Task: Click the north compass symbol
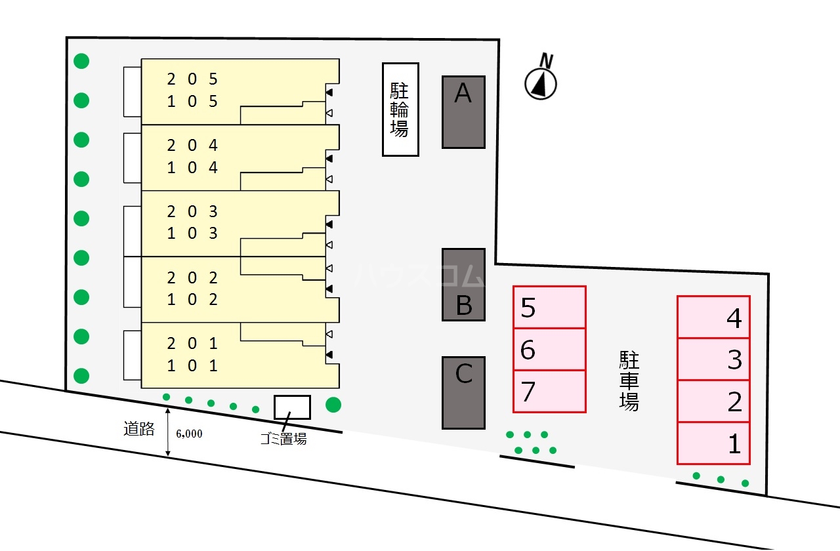[x=541, y=83]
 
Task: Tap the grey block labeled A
[x=463, y=112]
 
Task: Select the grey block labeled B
[x=463, y=285]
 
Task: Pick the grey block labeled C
[x=463, y=392]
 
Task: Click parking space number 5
[x=549, y=307]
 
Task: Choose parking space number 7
[x=549, y=392]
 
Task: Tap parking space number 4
[x=713, y=317]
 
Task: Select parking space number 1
[x=713, y=443]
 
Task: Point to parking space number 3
[x=713, y=359]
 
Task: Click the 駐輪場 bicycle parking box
[x=400, y=110]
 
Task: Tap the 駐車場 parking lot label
[x=629, y=380]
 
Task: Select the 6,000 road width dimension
[x=189, y=434]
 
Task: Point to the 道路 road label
[x=138, y=429]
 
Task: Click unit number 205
[x=192, y=79]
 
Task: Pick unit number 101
[x=192, y=365]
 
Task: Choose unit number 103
[x=192, y=234]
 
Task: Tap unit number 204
[x=192, y=145]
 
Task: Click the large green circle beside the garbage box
[x=333, y=405]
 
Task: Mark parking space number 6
[x=549, y=350]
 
